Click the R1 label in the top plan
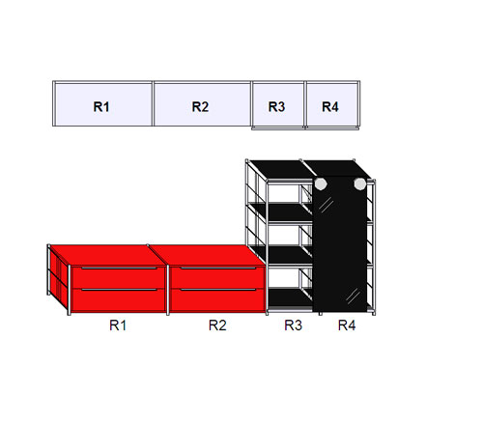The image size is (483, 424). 101,106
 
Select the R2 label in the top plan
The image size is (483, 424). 200,106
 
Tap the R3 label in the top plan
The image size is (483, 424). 277,106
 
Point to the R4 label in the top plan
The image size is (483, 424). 330,106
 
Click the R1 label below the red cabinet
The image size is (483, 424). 118,325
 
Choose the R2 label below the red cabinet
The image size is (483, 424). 217,325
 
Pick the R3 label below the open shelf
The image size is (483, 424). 294,325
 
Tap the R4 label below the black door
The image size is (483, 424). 347,325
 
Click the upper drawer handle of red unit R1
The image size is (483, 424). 119,269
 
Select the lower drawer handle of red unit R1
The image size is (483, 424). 119,290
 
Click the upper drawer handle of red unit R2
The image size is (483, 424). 218,269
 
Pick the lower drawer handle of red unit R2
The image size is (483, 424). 218,290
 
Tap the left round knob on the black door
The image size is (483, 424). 321,184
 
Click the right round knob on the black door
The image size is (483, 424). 360,184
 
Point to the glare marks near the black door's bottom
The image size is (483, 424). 354,296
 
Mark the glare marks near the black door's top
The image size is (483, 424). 326,205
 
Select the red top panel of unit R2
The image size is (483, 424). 208,255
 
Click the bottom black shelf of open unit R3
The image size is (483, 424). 290,297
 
